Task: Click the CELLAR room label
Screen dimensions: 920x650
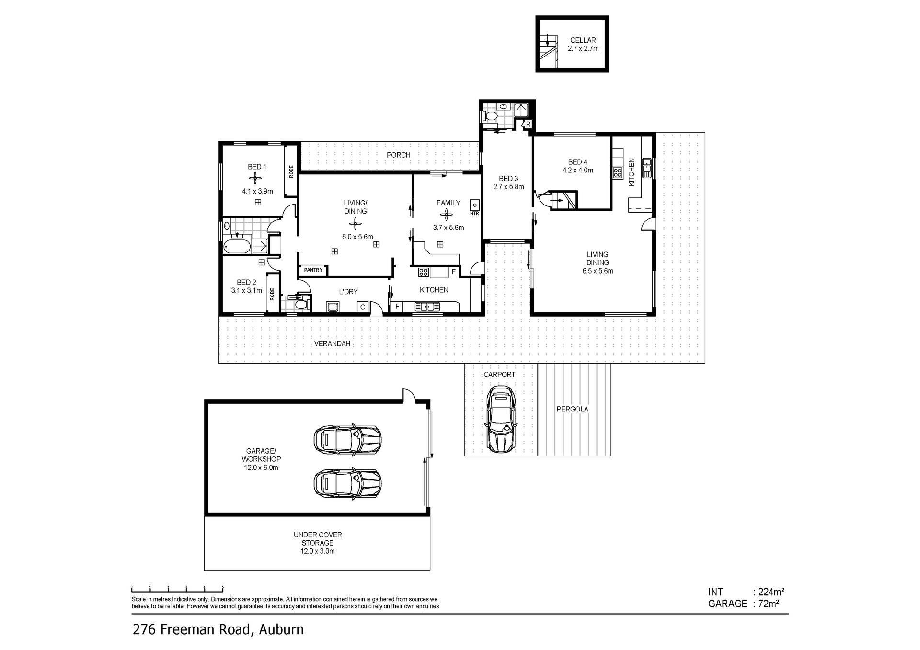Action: coord(583,41)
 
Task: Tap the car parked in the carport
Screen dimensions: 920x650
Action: coord(500,420)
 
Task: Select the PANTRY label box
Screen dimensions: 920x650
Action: coord(313,270)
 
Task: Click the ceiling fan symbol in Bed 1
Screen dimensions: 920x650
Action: coord(257,179)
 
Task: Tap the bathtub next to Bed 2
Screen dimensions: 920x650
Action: coord(237,247)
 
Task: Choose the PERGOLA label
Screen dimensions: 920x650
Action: coord(572,410)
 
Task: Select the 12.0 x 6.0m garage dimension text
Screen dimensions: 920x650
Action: coord(261,468)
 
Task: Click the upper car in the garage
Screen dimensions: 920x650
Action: coord(347,438)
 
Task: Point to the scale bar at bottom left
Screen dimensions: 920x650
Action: coord(177,589)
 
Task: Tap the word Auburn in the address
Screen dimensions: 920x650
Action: coord(281,629)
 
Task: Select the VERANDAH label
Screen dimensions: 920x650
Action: coord(332,344)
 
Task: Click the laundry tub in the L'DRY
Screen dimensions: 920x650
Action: coord(333,307)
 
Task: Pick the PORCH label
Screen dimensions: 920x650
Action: coord(399,155)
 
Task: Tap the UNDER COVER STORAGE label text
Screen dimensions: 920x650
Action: coord(318,539)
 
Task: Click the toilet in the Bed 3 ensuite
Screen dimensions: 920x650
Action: coord(491,116)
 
